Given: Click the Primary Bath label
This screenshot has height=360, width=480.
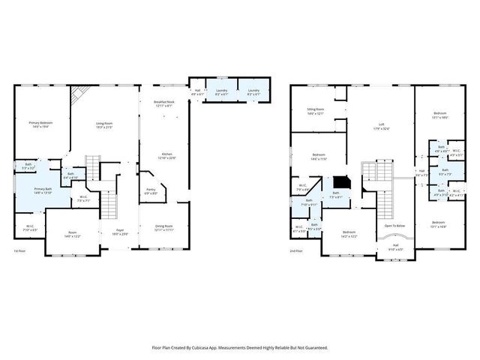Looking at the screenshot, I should (42, 189).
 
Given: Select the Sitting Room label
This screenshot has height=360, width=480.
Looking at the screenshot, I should (315, 109).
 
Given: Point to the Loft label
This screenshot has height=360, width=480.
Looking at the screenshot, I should (381, 124).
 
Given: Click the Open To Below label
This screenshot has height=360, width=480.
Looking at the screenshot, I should (394, 225).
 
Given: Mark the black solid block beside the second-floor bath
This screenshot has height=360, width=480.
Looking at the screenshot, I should (342, 181).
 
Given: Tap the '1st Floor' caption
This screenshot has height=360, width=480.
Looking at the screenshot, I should (20, 250).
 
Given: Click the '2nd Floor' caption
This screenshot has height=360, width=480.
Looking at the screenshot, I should (296, 250).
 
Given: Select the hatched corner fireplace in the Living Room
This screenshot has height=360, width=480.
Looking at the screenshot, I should (77, 94).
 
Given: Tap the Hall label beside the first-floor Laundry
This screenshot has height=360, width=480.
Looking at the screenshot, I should (196, 91).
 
